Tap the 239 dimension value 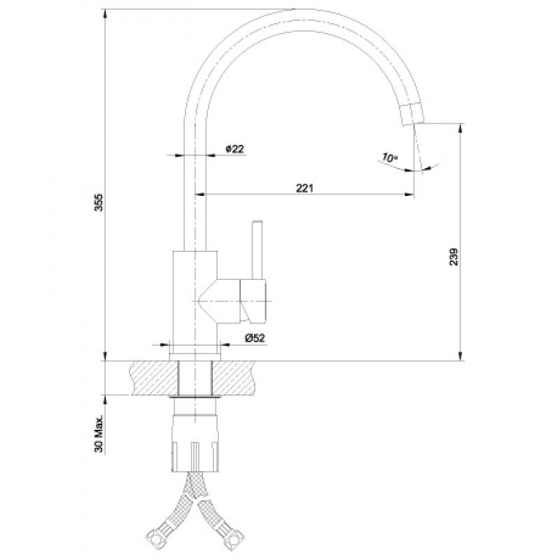pos(454,256)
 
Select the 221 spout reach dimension pos(304,188)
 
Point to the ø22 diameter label pos(234,149)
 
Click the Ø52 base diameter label pos(255,338)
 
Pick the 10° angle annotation pos(390,157)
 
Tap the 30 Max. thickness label pos(99,434)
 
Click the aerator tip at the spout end pos(412,114)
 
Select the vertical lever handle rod pos(257,249)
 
